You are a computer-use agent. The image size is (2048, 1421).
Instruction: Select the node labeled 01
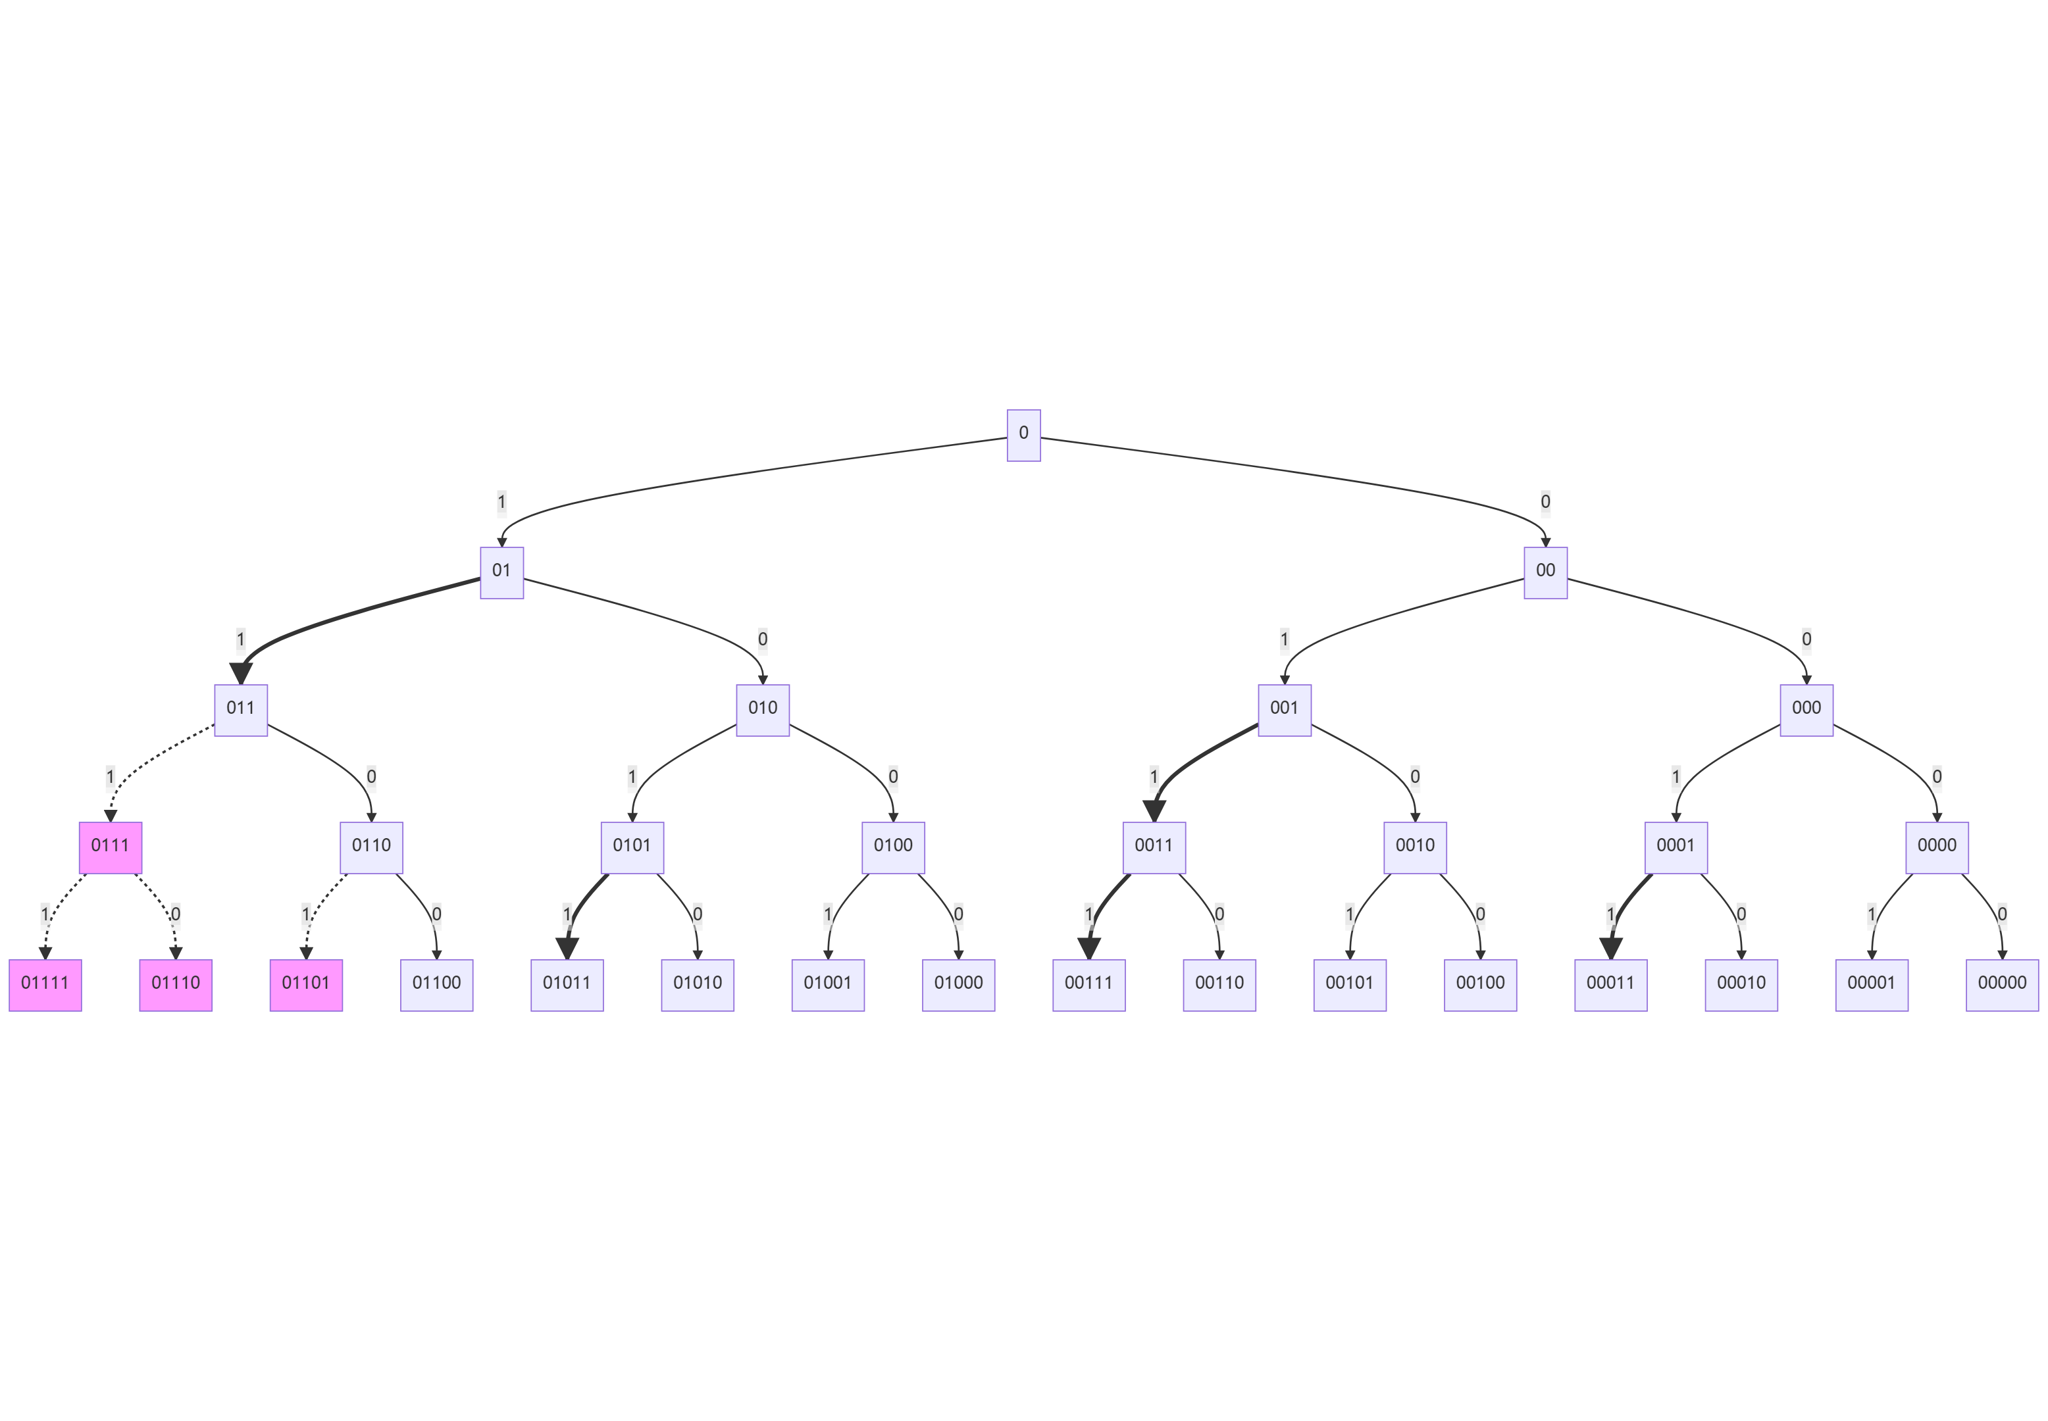[x=501, y=572]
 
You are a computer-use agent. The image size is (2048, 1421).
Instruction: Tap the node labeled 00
[x=1545, y=572]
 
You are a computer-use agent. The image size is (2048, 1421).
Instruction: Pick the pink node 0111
[x=111, y=847]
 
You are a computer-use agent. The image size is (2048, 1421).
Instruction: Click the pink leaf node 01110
[x=176, y=985]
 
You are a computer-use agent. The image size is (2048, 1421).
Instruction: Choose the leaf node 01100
[x=436, y=985]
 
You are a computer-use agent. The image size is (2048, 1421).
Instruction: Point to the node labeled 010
[x=762, y=710]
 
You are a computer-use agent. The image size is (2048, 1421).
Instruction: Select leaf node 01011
[x=567, y=985]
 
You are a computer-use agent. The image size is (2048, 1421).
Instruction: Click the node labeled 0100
[x=893, y=847]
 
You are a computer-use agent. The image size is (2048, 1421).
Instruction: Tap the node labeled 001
[x=1284, y=710]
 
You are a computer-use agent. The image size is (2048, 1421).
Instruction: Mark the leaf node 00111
[x=1088, y=985]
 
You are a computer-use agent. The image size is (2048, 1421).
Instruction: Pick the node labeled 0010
[x=1415, y=847]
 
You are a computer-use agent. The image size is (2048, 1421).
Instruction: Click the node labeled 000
[x=1806, y=710]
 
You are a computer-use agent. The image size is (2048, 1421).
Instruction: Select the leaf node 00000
[x=2002, y=985]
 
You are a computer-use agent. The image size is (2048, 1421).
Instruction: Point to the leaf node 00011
[x=1610, y=985]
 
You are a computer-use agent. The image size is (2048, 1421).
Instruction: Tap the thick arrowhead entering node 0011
[x=1154, y=810]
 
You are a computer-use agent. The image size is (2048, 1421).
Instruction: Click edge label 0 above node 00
[x=1545, y=502]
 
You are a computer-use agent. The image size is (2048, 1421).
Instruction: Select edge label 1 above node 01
[x=501, y=502]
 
